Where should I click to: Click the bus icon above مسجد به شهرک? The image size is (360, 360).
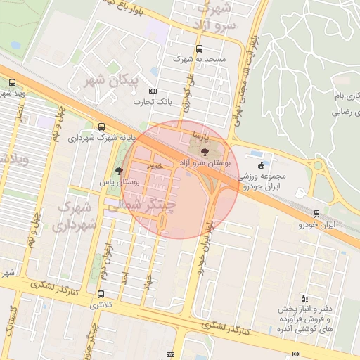tap(200, 49)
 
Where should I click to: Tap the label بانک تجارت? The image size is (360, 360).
tap(153, 103)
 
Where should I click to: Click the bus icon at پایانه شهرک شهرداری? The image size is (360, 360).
tap(103, 127)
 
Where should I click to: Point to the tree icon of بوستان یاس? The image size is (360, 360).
tap(119, 171)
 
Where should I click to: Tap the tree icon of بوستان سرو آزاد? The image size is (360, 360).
tap(205, 151)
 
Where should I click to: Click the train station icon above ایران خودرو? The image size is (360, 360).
tap(316, 213)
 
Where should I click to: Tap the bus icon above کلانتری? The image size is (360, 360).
tap(103, 294)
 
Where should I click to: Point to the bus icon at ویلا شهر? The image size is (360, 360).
tap(12, 82)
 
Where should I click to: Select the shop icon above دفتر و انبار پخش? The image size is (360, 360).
tap(304, 298)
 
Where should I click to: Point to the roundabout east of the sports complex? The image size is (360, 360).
tap(319, 167)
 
